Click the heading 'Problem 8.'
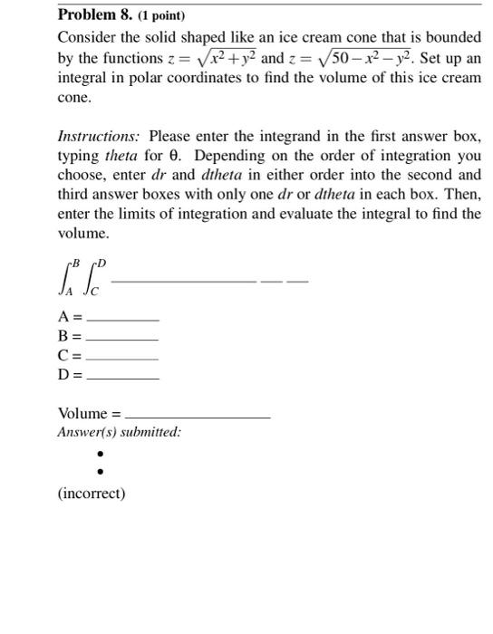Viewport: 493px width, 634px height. [95, 15]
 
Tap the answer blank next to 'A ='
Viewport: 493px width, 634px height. [121, 319]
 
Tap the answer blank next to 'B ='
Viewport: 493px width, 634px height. [121, 337]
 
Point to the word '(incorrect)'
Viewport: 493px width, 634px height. [91, 494]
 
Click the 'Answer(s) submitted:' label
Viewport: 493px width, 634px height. [119, 432]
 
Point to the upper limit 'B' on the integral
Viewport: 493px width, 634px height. [75, 264]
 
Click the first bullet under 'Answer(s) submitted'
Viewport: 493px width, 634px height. [101, 454]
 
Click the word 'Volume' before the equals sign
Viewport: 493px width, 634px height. [82, 414]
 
